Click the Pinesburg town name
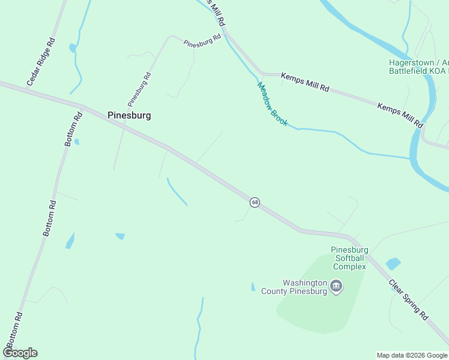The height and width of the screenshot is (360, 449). [128, 115]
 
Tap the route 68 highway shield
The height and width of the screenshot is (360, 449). [255, 202]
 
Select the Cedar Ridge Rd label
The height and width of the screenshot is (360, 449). [41, 61]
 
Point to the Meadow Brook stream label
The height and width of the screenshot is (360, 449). [273, 104]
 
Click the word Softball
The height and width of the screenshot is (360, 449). [349, 258]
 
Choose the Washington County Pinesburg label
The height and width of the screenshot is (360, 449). [294, 287]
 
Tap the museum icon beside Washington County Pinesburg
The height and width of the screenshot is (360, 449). [336, 286]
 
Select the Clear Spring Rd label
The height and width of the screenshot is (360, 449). [408, 299]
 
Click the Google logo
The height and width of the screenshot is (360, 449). [20, 353]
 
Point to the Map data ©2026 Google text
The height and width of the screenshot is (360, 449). [412, 355]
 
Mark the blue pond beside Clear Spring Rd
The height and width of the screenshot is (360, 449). [393, 263]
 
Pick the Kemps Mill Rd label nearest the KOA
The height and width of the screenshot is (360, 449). [400, 115]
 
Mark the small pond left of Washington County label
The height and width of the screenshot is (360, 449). [253, 287]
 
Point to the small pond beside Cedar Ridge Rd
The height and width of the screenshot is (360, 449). [73, 47]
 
